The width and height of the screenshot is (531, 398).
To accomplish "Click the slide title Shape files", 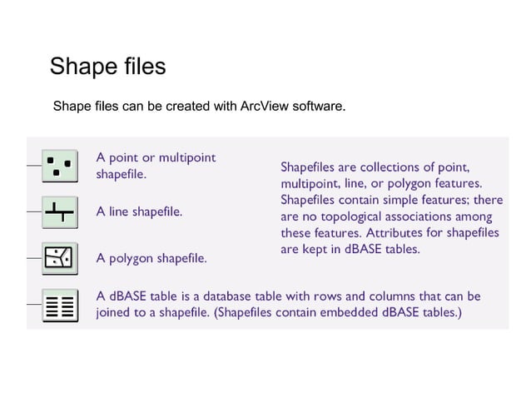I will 107,66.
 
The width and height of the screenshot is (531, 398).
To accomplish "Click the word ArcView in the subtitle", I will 264,107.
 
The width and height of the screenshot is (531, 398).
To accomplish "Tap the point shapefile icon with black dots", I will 58,167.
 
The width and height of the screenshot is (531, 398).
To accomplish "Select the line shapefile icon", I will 58,212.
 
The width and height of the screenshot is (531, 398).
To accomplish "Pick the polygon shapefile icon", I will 58,257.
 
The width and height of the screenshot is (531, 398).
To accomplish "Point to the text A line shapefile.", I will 139,212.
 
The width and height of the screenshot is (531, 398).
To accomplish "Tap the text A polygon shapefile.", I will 151,258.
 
